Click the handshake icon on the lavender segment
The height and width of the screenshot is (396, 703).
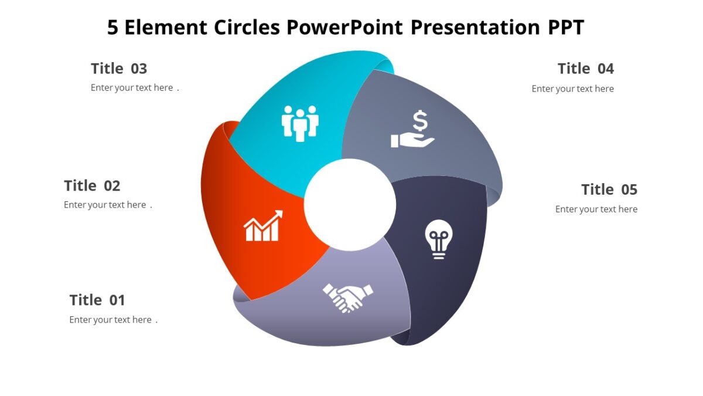point(348,297)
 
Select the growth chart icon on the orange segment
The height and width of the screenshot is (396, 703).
point(263,226)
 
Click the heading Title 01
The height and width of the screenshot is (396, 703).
point(97,300)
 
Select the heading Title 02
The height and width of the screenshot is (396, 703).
point(92,186)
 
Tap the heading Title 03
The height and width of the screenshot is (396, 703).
point(119,69)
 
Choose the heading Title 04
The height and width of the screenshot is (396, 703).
point(586,69)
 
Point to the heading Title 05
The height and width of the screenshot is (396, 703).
point(609,189)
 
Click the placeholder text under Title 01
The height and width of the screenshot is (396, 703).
point(111,320)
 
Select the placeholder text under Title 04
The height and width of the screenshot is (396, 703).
point(572,89)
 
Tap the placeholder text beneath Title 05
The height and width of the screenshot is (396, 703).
point(596,209)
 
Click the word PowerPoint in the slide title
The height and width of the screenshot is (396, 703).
point(345,28)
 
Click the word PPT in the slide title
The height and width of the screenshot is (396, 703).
point(565,28)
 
